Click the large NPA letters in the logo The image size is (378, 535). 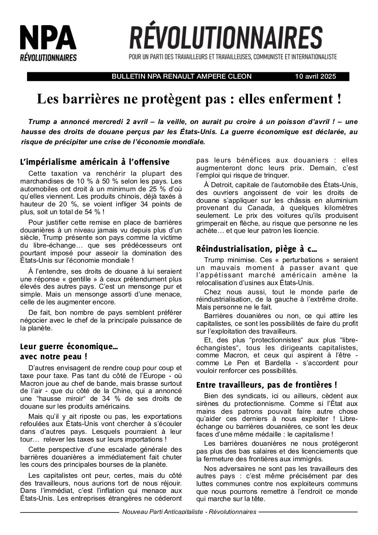tap(48, 38)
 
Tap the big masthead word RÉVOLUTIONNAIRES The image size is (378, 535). tap(226, 38)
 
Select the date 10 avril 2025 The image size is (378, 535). tap(315, 76)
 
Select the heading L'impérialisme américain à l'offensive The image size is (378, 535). tap(95, 162)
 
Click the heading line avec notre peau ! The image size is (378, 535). tap(54, 356)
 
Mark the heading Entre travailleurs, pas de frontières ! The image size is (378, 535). tap(266, 385)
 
